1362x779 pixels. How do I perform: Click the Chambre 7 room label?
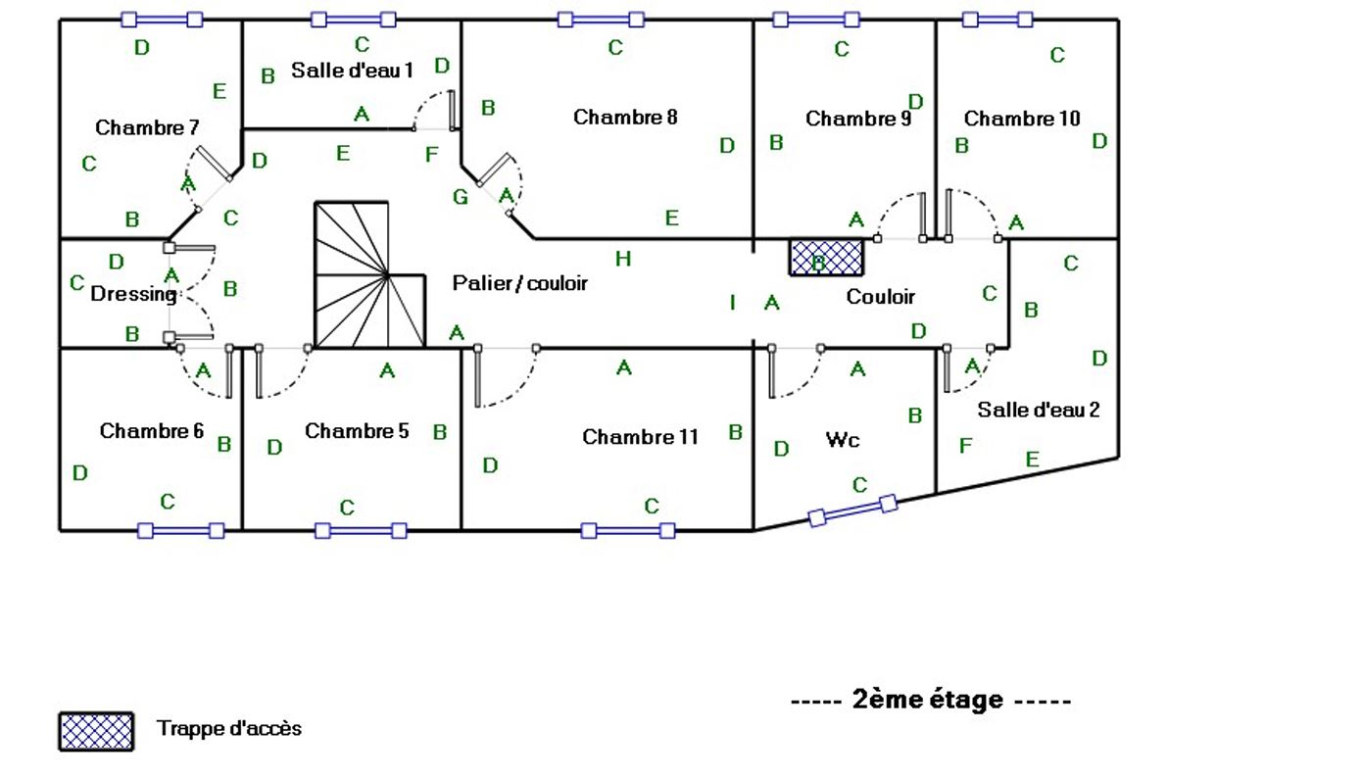[147, 127]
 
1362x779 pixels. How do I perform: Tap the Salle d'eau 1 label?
[352, 71]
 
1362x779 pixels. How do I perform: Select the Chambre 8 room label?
[625, 117]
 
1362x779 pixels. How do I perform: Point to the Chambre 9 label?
[858, 119]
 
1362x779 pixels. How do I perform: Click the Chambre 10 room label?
[1022, 118]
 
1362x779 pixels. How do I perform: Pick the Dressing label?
[133, 294]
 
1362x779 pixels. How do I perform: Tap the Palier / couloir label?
[520, 283]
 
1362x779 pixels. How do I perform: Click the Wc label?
[843, 440]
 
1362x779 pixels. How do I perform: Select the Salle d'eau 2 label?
[1039, 410]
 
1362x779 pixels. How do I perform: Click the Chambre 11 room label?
[640, 437]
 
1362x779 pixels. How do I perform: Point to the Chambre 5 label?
[357, 431]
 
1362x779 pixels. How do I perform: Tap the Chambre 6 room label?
[152, 431]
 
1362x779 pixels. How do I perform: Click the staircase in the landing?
[369, 275]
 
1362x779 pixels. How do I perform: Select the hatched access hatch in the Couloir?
[826, 258]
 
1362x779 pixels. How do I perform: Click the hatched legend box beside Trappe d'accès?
[96, 732]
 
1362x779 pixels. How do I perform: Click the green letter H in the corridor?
[623, 259]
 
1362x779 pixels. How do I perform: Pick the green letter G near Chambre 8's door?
[461, 197]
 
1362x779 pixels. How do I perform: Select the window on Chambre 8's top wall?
[601, 20]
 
